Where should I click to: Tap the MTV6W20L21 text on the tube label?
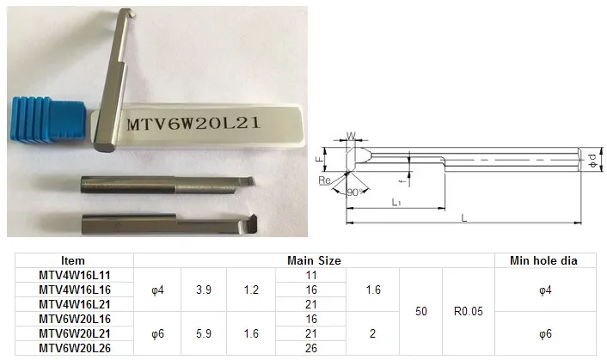pyautogui.click(x=193, y=124)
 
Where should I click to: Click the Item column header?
pyautogui.click(x=73, y=260)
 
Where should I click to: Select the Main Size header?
pyautogui.click(x=314, y=260)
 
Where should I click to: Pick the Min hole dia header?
pyautogui.click(x=543, y=260)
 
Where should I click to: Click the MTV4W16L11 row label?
pyautogui.click(x=75, y=275)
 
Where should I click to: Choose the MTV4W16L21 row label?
pyautogui.click(x=75, y=304)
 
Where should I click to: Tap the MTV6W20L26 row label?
pyautogui.click(x=75, y=348)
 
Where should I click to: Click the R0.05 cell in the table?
pyautogui.click(x=469, y=311)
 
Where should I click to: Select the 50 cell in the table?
pyautogui.click(x=420, y=311)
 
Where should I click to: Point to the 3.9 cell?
pyautogui.click(x=204, y=290)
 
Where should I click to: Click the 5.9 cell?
pyautogui.click(x=204, y=333)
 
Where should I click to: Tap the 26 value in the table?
pyautogui.click(x=311, y=348)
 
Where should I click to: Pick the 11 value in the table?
pyautogui.click(x=311, y=275)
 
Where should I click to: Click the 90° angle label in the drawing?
pyautogui.click(x=354, y=192)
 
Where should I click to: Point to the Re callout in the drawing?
pyautogui.click(x=324, y=180)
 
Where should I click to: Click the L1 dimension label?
pyautogui.click(x=396, y=202)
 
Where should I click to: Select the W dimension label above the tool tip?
pyautogui.click(x=351, y=136)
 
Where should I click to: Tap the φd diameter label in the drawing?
pyautogui.click(x=592, y=159)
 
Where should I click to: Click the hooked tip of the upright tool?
pyautogui.click(x=132, y=13)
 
